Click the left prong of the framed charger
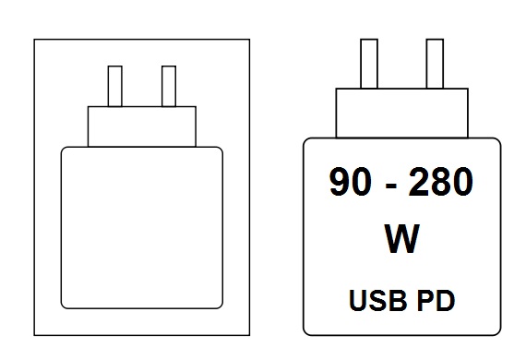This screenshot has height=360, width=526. click(x=115, y=86)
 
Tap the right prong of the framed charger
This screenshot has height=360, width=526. click(x=168, y=86)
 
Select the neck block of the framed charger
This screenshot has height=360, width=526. click(x=142, y=126)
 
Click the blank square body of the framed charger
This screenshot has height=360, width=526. click(x=141, y=227)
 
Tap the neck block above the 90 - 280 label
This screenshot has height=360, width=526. click(x=402, y=113)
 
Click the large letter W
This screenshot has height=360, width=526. click(x=400, y=240)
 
